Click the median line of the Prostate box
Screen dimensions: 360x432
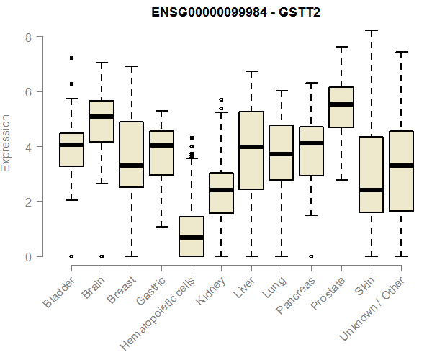[341, 104]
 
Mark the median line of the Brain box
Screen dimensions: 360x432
[102, 117]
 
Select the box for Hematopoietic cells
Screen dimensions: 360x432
[192, 236]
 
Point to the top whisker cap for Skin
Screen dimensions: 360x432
[372, 31]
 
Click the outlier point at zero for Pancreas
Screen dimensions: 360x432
[311, 256]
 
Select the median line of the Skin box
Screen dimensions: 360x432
[372, 190]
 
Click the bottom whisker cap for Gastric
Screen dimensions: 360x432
[161, 227]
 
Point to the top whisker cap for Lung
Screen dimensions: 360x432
[282, 91]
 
